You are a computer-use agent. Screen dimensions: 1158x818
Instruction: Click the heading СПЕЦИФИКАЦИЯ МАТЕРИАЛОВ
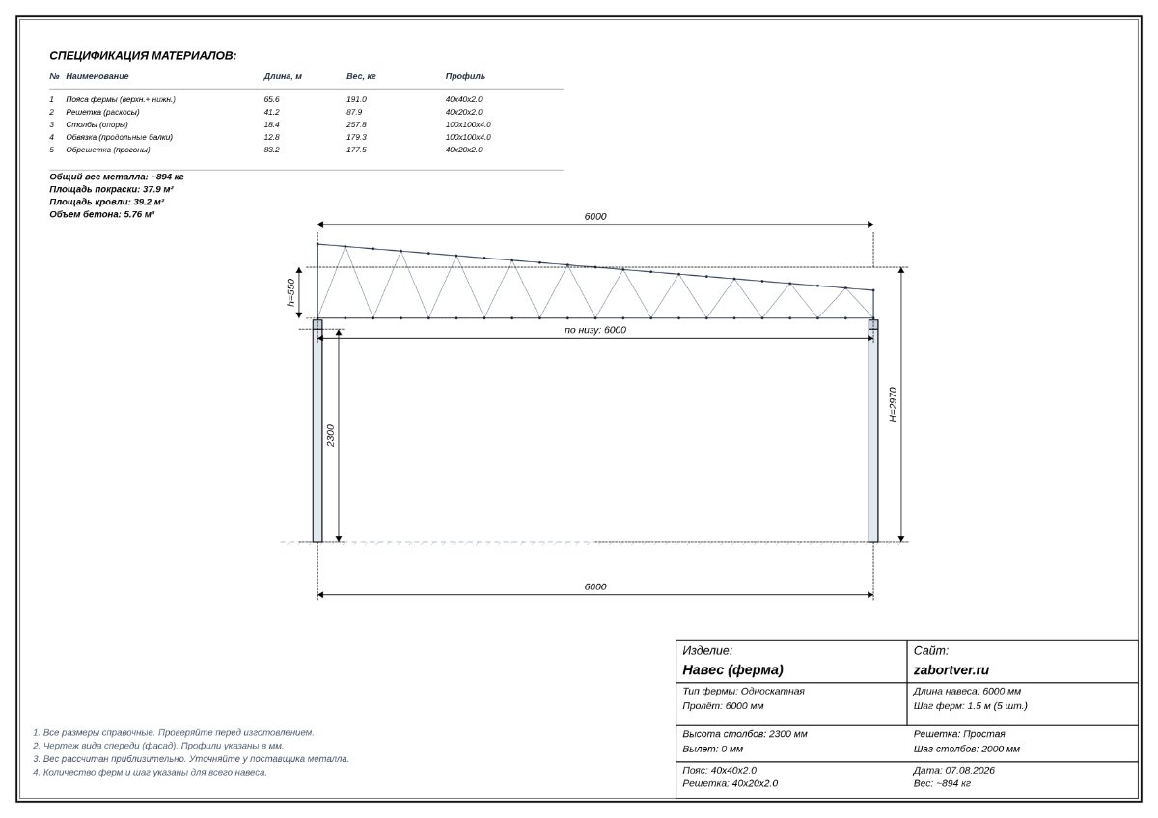point(143,55)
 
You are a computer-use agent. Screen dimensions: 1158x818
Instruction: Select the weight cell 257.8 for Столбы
point(356,124)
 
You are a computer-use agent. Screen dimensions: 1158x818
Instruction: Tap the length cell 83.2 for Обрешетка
point(271,150)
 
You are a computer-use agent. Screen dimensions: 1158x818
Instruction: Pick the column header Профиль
point(465,76)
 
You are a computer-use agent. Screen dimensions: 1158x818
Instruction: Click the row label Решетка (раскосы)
point(102,112)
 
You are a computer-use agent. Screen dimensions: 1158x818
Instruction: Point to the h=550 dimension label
point(290,292)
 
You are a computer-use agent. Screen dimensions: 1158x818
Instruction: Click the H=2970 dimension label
point(893,404)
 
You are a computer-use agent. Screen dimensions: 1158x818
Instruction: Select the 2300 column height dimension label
point(331,436)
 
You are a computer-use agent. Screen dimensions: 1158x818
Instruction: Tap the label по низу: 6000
point(595,330)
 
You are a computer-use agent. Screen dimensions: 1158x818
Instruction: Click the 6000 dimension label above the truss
point(595,216)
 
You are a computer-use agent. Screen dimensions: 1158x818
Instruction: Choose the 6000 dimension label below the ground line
point(595,586)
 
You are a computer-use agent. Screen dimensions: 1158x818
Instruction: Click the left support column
point(317,431)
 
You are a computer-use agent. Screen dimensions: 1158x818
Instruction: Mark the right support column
point(873,431)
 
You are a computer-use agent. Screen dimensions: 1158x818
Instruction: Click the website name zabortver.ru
point(951,669)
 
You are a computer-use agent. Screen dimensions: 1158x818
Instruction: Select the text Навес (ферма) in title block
point(732,669)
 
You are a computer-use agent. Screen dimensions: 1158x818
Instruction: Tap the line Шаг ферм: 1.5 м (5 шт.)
point(971,705)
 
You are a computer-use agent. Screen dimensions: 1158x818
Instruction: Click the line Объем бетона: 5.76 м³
point(102,214)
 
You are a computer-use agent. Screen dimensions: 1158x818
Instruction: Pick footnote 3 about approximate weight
point(191,758)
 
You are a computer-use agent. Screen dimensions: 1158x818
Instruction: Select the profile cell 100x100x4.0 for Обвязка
point(468,137)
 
